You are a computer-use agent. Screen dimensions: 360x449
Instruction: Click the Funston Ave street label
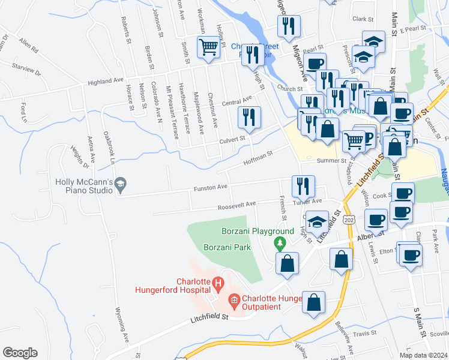(210, 188)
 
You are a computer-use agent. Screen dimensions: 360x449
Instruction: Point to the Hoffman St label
(258, 158)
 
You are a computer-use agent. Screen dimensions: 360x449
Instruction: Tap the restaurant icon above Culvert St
(249, 118)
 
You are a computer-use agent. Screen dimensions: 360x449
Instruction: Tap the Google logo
(20, 352)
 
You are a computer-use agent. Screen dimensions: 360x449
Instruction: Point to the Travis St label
(364, 333)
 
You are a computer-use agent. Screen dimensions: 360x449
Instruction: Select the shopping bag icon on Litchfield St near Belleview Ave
(313, 303)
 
